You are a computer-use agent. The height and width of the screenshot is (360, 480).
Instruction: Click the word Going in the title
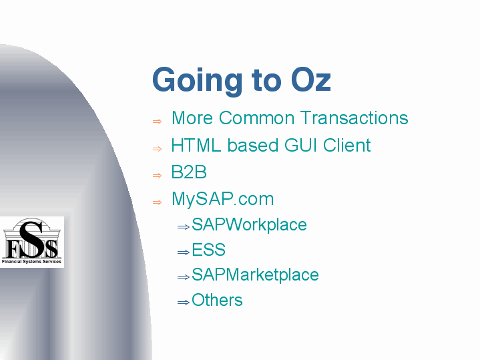click(198, 80)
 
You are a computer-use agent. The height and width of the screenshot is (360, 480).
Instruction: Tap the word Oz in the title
click(310, 79)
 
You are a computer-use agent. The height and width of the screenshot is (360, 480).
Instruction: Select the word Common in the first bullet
click(256, 118)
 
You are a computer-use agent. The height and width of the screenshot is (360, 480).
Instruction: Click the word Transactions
click(354, 118)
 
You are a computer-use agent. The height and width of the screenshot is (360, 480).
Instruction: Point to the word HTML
click(196, 145)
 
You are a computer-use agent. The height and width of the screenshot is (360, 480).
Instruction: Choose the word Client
click(347, 145)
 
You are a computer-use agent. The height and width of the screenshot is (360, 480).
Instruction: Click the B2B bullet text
click(189, 172)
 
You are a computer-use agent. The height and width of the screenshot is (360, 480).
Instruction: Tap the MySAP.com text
click(222, 199)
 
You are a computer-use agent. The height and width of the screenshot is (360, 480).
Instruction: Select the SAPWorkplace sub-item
click(249, 224)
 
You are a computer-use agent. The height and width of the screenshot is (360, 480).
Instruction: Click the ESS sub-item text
click(208, 249)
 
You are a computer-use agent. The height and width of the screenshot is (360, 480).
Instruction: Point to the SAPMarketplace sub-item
click(255, 275)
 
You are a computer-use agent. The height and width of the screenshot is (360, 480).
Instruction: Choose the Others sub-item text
click(217, 300)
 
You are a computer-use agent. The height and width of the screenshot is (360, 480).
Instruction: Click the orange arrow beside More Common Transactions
click(157, 122)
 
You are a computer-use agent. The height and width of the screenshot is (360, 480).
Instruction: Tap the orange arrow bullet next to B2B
click(157, 176)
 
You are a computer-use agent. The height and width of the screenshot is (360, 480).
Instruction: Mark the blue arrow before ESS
click(184, 252)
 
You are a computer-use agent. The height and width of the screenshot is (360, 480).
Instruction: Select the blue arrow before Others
click(184, 303)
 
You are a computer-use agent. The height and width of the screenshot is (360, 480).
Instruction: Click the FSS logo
click(31, 242)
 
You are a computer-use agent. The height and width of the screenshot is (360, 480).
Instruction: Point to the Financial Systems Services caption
click(31, 262)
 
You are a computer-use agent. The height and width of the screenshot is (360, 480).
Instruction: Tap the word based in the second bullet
click(252, 145)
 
